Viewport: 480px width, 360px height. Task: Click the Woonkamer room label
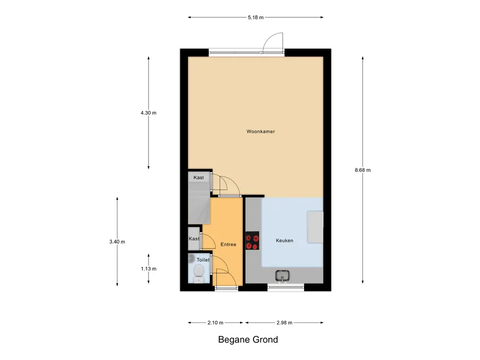pyautogui.click(x=261, y=132)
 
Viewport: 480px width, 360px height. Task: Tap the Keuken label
pyautogui.click(x=284, y=240)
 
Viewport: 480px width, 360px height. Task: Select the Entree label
pyautogui.click(x=228, y=245)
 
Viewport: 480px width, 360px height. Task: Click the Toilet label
pyautogui.click(x=203, y=260)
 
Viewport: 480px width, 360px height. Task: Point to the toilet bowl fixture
pyautogui.click(x=199, y=272)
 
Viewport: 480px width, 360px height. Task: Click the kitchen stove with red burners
pyautogui.click(x=253, y=241)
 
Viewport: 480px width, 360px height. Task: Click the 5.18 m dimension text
pyautogui.click(x=255, y=17)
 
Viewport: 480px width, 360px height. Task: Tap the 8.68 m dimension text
pyautogui.click(x=363, y=170)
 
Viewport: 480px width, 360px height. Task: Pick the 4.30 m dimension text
pyautogui.click(x=149, y=113)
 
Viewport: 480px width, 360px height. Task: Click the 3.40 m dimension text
pyautogui.click(x=117, y=242)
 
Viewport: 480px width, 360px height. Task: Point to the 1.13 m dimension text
pyautogui.click(x=149, y=269)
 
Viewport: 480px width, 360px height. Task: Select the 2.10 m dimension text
pyautogui.click(x=215, y=322)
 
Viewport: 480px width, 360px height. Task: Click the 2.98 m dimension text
pyautogui.click(x=284, y=322)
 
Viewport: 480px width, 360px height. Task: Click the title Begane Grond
pyautogui.click(x=248, y=340)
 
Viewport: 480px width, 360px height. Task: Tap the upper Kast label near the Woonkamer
pyautogui.click(x=199, y=178)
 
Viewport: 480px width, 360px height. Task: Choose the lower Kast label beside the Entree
pyautogui.click(x=194, y=239)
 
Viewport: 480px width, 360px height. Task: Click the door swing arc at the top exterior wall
pyautogui.click(x=273, y=42)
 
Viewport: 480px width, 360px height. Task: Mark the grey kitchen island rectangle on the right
pyautogui.click(x=315, y=227)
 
